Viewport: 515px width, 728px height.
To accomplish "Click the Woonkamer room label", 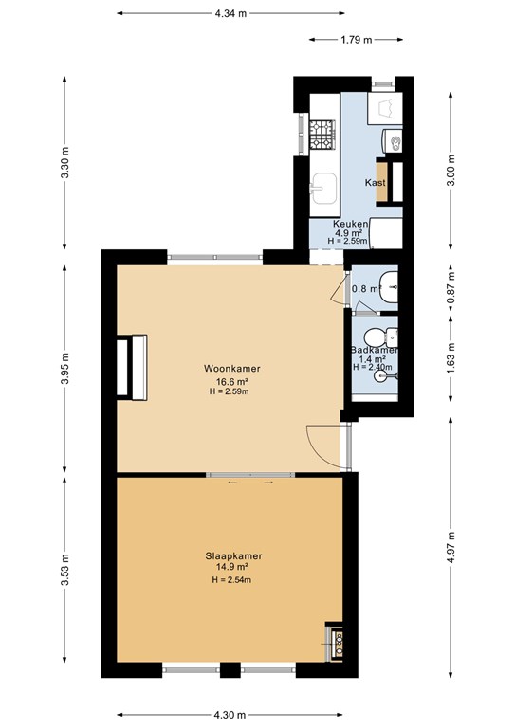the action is [232, 368].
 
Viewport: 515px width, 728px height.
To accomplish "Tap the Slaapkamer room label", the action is [233, 555].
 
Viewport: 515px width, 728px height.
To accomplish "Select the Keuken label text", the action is [351, 224].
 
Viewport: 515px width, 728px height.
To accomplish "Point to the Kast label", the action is [376, 182].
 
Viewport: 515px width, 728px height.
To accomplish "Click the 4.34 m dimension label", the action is [230, 13].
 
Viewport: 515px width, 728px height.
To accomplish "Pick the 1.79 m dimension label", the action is [357, 40].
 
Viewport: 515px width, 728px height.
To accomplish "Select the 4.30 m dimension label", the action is [230, 715].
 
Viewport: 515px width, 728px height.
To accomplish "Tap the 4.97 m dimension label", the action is [450, 547].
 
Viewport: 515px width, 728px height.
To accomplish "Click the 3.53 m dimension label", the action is [65, 570].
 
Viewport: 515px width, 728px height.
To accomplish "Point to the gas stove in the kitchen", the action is [322, 135].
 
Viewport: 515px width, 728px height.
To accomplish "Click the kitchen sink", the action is [323, 189].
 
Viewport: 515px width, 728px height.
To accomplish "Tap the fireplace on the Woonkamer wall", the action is [132, 367].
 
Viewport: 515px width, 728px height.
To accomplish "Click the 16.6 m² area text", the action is [231, 382].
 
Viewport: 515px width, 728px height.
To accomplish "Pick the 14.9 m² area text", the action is [231, 567].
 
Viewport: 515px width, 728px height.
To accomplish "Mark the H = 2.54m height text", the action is [231, 579].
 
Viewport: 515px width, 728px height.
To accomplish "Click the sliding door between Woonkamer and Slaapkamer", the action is [250, 475].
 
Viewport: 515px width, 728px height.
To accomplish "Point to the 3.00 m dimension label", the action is [450, 170].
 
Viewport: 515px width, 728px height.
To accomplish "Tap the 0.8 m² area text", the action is [366, 289].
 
